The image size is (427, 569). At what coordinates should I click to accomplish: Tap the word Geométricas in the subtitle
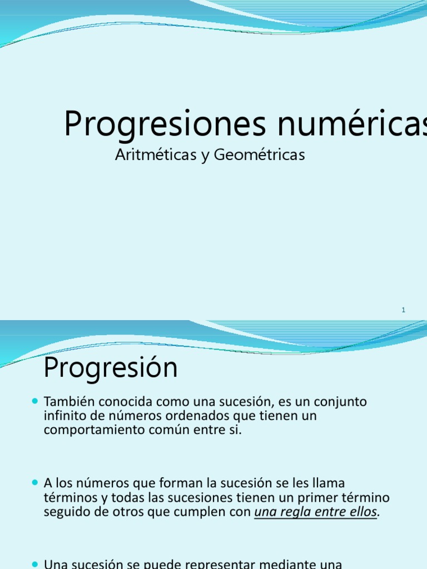(259, 155)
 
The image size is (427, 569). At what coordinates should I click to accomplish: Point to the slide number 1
(404, 310)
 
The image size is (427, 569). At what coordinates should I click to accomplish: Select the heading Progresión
(111, 368)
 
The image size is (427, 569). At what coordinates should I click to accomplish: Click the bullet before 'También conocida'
(36, 400)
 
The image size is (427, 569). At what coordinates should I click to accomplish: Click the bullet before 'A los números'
(36, 482)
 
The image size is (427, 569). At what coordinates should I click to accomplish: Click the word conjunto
(340, 401)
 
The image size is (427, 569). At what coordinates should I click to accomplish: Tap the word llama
(345, 483)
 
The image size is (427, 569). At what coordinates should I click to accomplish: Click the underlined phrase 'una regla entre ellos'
(316, 512)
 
